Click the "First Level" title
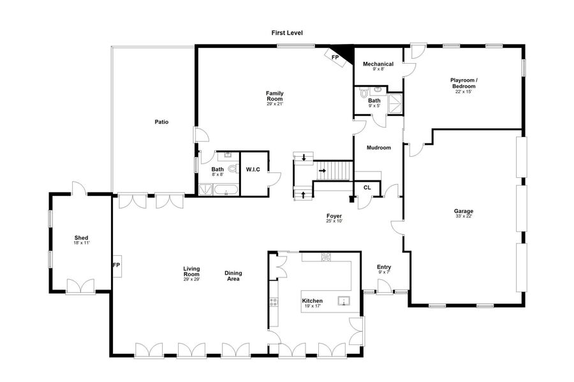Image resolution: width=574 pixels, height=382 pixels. (x=287, y=33)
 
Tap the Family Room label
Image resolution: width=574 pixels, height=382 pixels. (x=274, y=96)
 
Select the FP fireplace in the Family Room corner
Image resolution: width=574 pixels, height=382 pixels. (x=335, y=58)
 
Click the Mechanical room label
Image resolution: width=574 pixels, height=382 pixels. (x=378, y=64)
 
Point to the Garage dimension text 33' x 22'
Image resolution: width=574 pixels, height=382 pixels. (x=464, y=216)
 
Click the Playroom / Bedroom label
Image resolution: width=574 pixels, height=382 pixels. (x=464, y=83)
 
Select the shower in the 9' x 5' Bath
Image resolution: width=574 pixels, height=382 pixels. (x=395, y=104)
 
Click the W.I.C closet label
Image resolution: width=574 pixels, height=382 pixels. (x=253, y=170)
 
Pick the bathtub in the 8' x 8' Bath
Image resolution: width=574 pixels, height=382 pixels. (x=226, y=190)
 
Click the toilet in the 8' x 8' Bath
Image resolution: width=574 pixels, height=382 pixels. (x=232, y=169)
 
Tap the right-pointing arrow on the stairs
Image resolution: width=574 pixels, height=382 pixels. (x=322, y=170)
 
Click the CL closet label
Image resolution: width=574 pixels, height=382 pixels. (x=367, y=187)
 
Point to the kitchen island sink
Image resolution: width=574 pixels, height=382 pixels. (x=344, y=301)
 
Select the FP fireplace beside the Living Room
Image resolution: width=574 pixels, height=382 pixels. (x=117, y=266)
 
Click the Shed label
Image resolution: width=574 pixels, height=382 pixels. (x=81, y=238)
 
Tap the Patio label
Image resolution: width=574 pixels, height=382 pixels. (x=161, y=122)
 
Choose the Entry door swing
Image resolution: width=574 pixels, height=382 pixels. (x=383, y=286)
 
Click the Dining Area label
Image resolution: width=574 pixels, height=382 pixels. (x=233, y=276)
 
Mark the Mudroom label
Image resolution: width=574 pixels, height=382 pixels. (x=378, y=147)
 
